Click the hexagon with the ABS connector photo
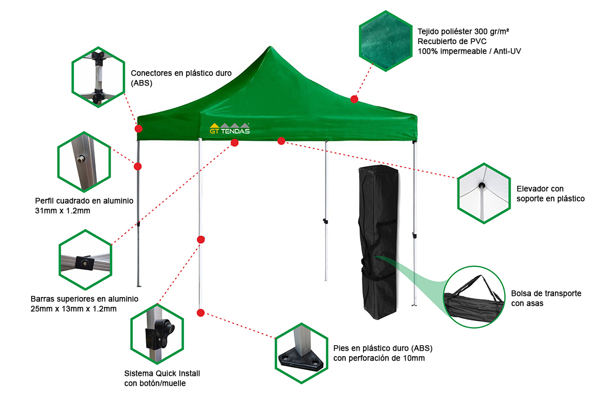96,77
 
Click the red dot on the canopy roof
354,99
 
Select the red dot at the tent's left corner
138,128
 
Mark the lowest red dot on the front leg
200,313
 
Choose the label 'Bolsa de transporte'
546,293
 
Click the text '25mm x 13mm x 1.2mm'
74,309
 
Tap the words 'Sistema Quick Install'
163,374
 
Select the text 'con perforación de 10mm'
379,358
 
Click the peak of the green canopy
269,47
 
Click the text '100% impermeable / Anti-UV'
468,51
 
